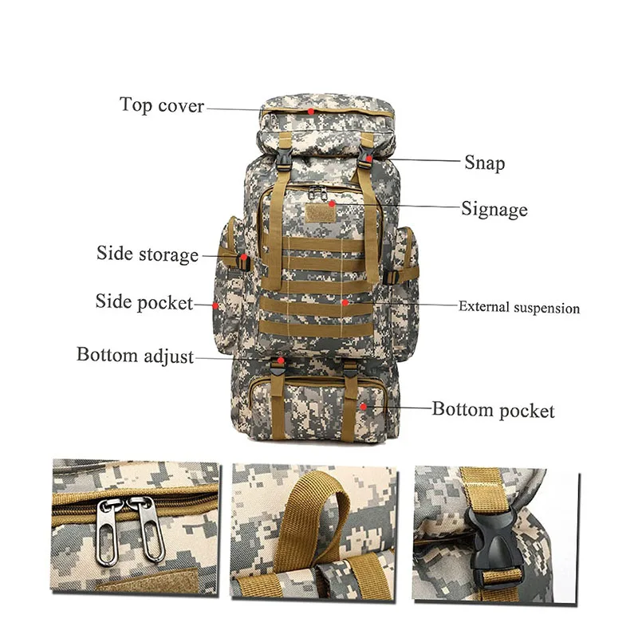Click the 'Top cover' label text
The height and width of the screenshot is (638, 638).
coord(162,105)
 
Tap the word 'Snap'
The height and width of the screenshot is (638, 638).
coord(484,163)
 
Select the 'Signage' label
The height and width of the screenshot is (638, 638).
coord(494,210)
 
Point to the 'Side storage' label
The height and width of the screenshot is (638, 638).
coord(148,254)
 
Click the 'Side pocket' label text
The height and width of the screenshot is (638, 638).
coord(144,302)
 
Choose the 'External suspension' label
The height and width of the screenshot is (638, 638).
coord(518,307)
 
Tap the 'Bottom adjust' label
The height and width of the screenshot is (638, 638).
coord(135,356)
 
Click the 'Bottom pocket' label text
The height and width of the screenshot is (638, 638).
coord(493,411)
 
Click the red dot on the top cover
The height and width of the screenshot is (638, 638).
coord(312,111)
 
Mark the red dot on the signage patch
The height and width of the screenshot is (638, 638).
coord(331,204)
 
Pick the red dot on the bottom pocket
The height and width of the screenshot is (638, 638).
coord(363,406)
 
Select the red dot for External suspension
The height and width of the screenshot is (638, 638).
coord(344,302)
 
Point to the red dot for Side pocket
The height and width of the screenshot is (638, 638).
coord(216,304)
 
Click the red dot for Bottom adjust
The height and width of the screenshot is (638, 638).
coord(281,360)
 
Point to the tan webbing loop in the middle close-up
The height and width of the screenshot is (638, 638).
coord(327,502)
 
